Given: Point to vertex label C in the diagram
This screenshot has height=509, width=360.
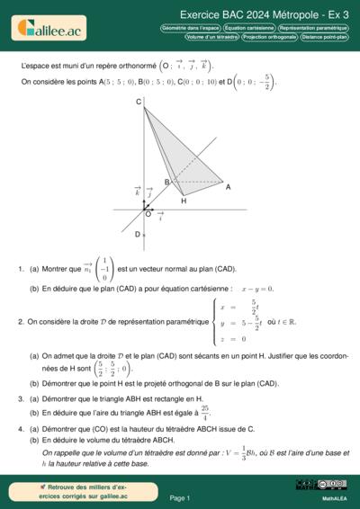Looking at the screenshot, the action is coord(139,103).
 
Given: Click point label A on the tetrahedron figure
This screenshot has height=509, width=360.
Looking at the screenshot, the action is coord(229,186).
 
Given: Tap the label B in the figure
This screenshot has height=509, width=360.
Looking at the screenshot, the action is coord(166,183).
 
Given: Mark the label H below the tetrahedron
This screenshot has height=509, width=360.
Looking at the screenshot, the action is coord(184,201).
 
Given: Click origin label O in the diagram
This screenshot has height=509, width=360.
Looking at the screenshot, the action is coord(147,214).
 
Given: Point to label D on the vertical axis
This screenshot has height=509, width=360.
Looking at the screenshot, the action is coord(138,235).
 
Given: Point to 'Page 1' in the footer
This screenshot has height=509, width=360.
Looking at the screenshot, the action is coord(180,497).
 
